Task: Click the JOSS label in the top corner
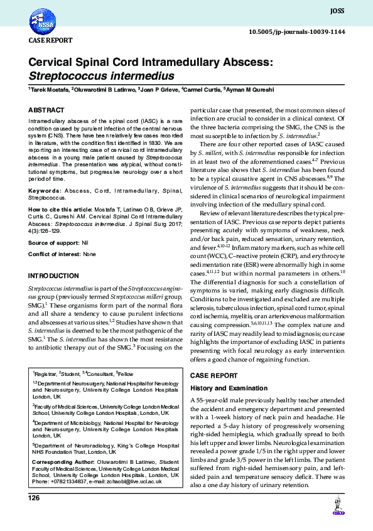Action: point(337,11)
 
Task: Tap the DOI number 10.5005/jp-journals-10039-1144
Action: point(297,31)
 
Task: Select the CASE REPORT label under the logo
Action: point(50,40)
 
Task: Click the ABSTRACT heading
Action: point(46,110)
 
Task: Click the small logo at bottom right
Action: point(337,508)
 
